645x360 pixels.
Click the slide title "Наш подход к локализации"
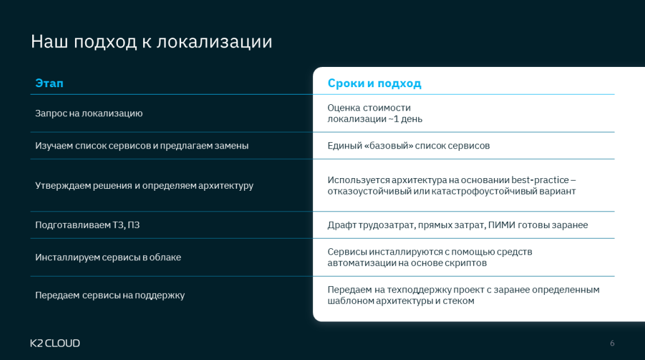[x=151, y=42]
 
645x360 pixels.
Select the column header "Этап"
[x=49, y=83]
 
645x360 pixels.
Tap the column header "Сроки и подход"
[x=374, y=83]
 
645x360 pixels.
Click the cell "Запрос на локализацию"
[x=89, y=114]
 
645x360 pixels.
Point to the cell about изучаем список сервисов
[x=142, y=146]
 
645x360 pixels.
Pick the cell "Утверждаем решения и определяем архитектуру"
[x=145, y=186]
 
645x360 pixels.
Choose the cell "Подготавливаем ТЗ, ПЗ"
[x=87, y=225]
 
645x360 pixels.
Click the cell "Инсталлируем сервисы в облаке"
[x=108, y=258]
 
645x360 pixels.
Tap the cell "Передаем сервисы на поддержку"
[x=110, y=296]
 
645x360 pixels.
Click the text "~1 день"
[x=405, y=119]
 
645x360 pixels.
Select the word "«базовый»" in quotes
[x=388, y=146]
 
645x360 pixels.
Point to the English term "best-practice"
[x=540, y=180]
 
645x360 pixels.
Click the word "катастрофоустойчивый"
[x=485, y=191]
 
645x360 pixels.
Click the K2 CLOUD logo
[x=55, y=343]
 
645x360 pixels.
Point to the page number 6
[x=612, y=343]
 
